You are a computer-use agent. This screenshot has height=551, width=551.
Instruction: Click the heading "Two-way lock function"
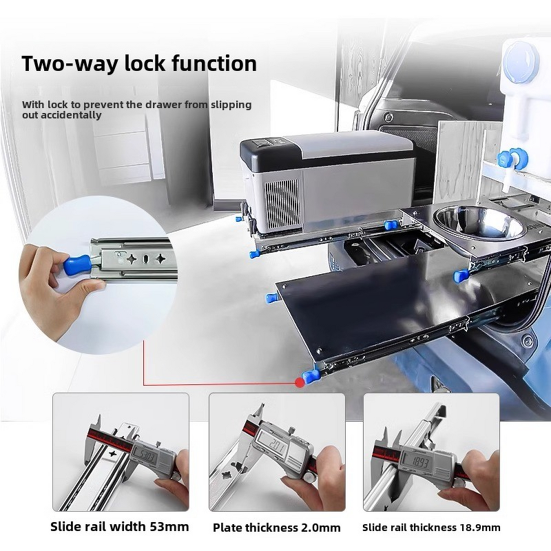[x=139, y=63]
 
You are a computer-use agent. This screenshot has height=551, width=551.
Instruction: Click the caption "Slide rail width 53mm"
[x=119, y=527]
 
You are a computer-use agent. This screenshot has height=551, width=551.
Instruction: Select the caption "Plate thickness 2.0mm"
[x=276, y=528]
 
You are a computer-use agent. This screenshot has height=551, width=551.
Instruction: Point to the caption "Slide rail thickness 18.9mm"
[x=431, y=528]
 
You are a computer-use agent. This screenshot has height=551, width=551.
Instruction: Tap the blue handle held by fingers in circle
[x=76, y=264]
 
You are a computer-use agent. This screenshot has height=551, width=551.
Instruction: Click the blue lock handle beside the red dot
[x=311, y=377]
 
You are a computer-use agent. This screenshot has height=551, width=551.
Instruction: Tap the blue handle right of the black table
[x=460, y=276]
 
